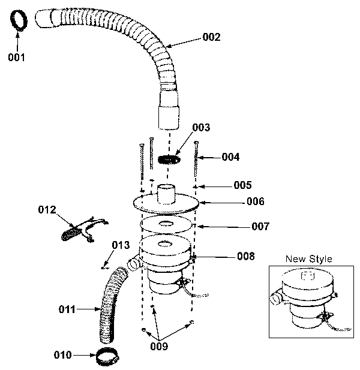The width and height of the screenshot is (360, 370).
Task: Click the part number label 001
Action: (x=16, y=58)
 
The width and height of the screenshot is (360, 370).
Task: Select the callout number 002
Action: (x=211, y=37)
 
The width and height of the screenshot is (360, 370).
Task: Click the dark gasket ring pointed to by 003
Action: (x=169, y=160)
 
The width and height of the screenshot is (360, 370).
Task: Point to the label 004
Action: (x=230, y=157)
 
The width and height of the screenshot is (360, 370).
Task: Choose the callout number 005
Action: (x=242, y=185)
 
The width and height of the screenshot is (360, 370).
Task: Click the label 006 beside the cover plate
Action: (x=256, y=201)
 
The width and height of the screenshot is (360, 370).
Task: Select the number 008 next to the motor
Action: (x=246, y=256)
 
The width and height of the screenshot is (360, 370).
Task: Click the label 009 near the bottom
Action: (x=159, y=346)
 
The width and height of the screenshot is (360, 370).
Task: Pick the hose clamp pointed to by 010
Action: (x=107, y=356)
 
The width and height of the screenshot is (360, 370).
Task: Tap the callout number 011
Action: (x=67, y=309)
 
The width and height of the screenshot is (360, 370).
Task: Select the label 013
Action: (x=121, y=245)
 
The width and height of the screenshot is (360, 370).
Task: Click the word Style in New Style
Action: (x=320, y=259)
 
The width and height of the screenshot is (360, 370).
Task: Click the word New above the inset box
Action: (x=296, y=259)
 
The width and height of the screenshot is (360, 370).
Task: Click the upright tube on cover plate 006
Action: (x=166, y=194)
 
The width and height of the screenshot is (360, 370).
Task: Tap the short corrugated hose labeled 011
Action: (x=111, y=305)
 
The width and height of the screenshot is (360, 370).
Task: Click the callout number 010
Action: (x=62, y=354)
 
